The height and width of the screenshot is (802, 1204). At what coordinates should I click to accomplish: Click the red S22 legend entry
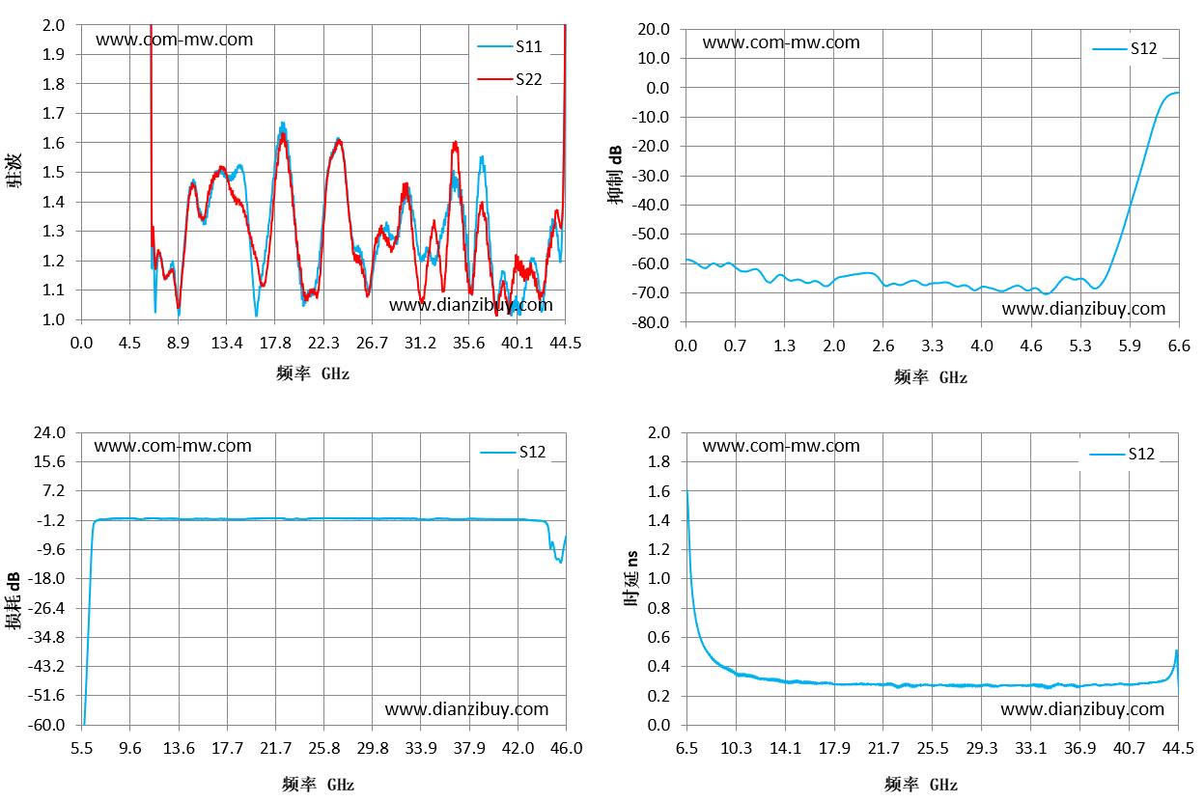[x=510, y=79]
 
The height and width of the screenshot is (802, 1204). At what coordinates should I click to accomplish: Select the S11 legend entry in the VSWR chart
[x=510, y=46]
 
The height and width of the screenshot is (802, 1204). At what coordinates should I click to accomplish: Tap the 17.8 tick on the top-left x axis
[x=275, y=343]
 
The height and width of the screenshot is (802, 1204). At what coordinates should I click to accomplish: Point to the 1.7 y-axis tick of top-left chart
[x=53, y=113]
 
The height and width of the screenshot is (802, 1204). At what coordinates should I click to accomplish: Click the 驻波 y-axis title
[x=14, y=170]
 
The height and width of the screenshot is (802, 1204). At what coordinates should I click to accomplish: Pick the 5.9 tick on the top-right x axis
[x=1130, y=346]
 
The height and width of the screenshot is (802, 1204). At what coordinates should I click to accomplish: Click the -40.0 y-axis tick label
[x=651, y=205]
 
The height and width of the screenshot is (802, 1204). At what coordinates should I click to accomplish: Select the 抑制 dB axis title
[x=615, y=175]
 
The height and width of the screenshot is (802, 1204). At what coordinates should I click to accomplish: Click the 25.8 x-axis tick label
[x=324, y=748]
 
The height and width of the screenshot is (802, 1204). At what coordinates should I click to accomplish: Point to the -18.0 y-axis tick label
[x=46, y=578]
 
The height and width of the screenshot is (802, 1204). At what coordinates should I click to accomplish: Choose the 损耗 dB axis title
[x=13, y=600]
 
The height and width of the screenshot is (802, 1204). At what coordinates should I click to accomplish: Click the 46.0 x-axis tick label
[x=567, y=748]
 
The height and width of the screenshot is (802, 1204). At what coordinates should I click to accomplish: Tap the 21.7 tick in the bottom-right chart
[x=883, y=748]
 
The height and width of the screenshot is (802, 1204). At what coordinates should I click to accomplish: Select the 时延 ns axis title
[x=631, y=578]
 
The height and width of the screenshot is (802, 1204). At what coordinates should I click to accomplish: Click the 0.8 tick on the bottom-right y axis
[x=659, y=608]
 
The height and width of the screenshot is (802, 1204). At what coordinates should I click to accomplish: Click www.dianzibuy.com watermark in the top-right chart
[x=1083, y=308]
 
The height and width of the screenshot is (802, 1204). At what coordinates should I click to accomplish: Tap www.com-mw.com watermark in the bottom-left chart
[x=173, y=446]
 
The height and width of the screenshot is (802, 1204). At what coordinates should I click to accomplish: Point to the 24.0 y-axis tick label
[x=49, y=432]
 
